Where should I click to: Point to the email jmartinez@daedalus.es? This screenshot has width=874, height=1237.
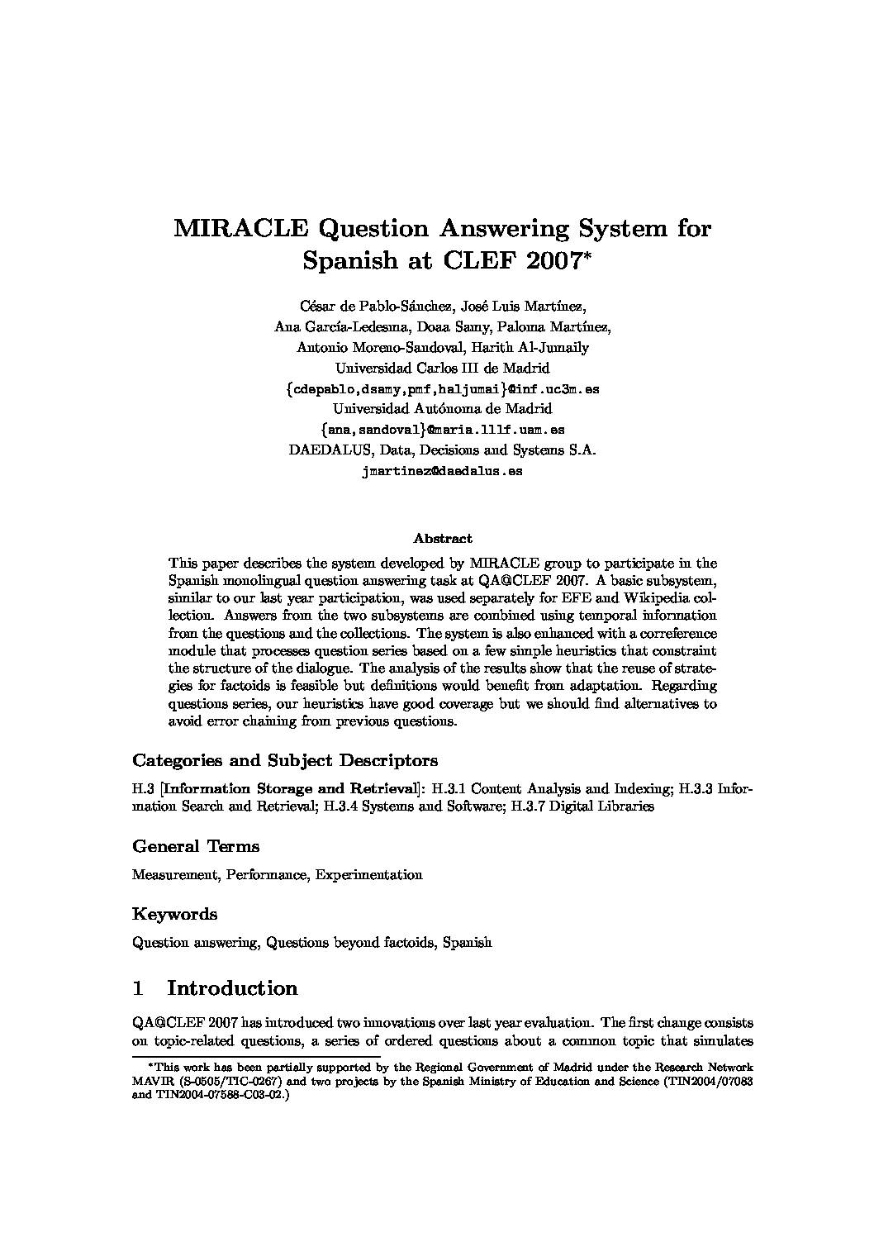(442, 471)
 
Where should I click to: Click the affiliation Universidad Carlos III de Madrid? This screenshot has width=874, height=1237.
(442, 368)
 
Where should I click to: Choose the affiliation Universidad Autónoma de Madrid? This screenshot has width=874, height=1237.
(442, 409)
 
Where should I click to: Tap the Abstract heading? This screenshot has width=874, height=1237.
(442, 539)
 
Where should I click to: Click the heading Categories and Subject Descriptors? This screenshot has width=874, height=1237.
(285, 760)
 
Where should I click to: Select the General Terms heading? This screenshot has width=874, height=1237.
(196, 846)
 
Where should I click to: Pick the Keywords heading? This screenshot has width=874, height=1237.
(175, 914)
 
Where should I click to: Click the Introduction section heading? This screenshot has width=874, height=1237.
(232, 988)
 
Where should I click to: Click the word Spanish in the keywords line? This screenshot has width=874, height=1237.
(467, 942)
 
